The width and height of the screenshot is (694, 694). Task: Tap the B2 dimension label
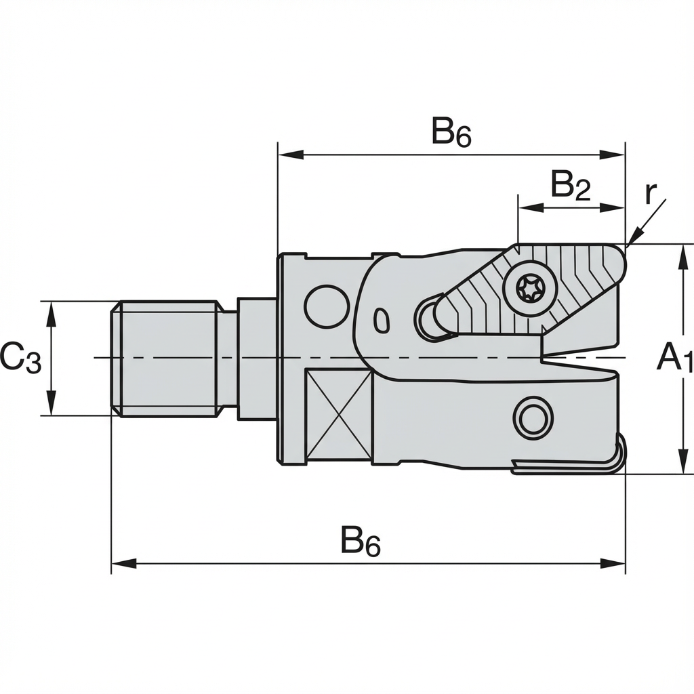tap(569, 184)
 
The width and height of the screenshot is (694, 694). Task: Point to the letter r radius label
tap(650, 194)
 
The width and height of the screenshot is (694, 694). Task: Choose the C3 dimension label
tap(20, 358)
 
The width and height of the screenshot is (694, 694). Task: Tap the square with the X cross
tap(339, 413)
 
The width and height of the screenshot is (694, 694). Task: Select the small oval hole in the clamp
tap(382, 319)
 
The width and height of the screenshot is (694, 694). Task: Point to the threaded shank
tap(166, 357)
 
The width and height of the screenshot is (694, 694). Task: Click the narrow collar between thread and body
tap(228, 359)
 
